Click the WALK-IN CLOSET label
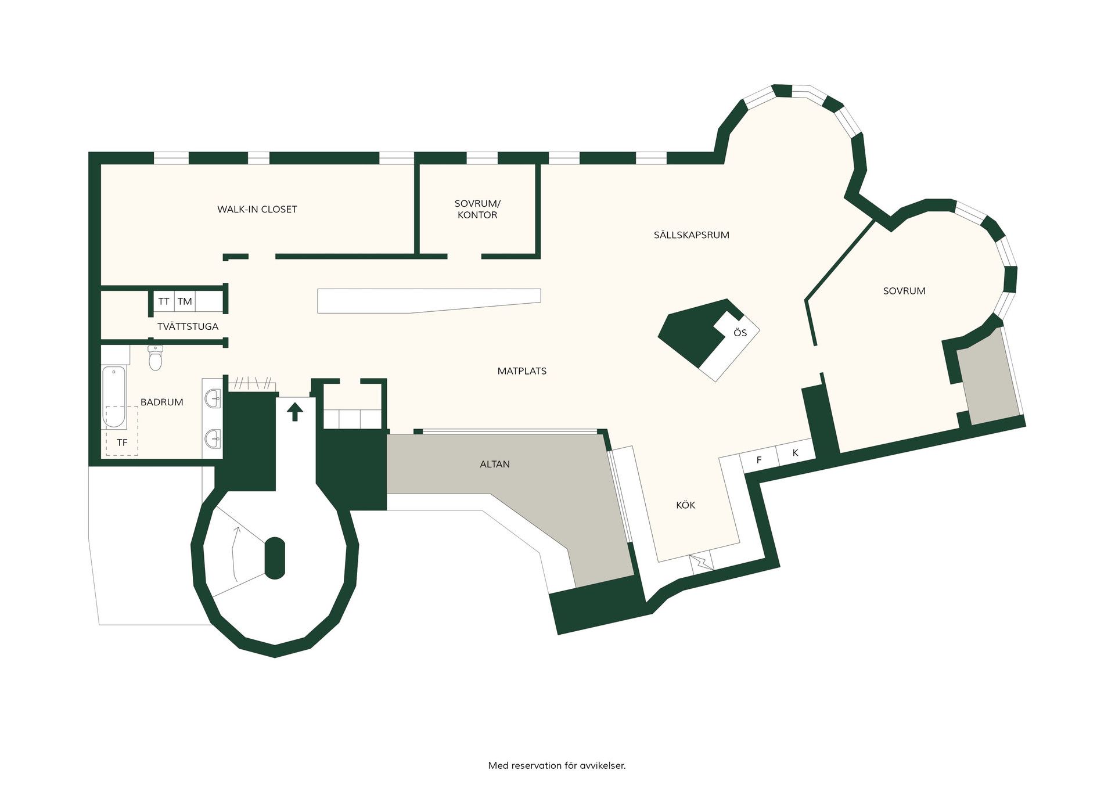pyautogui.click(x=257, y=209)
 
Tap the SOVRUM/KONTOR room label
pyautogui.click(x=477, y=209)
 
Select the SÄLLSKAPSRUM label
pyautogui.click(x=692, y=235)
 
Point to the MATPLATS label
pyautogui.click(x=522, y=371)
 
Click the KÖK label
pyautogui.click(x=685, y=505)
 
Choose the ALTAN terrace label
pyautogui.click(x=495, y=464)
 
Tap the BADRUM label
pyautogui.click(x=161, y=402)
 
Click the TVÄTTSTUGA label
pyautogui.click(x=188, y=326)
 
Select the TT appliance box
pyautogui.click(x=164, y=301)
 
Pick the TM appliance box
pyautogui.click(x=185, y=301)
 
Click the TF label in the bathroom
pyautogui.click(x=122, y=442)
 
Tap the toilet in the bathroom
pyautogui.click(x=155, y=357)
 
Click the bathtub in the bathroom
pyautogui.click(x=114, y=397)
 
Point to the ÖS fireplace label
pyautogui.click(x=740, y=333)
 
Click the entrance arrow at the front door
pyautogui.click(x=296, y=411)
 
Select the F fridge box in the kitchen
pyautogui.click(x=758, y=460)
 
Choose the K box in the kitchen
pyautogui.click(x=795, y=452)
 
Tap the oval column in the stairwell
pyautogui.click(x=275, y=558)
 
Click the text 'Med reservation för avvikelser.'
pyautogui.click(x=557, y=765)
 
